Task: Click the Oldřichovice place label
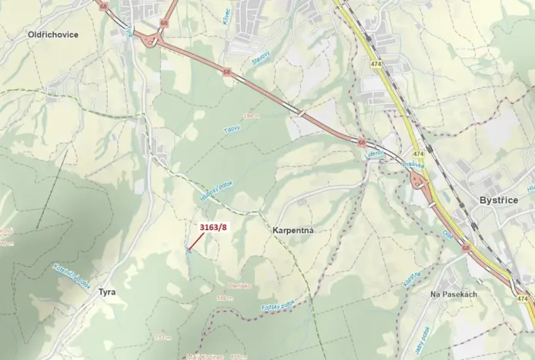52,35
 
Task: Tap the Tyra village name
107,292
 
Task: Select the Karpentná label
294,230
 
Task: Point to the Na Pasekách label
454,295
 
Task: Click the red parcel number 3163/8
214,228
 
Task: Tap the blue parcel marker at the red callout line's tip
188,249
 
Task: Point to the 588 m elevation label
225,298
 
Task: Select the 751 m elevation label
162,337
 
